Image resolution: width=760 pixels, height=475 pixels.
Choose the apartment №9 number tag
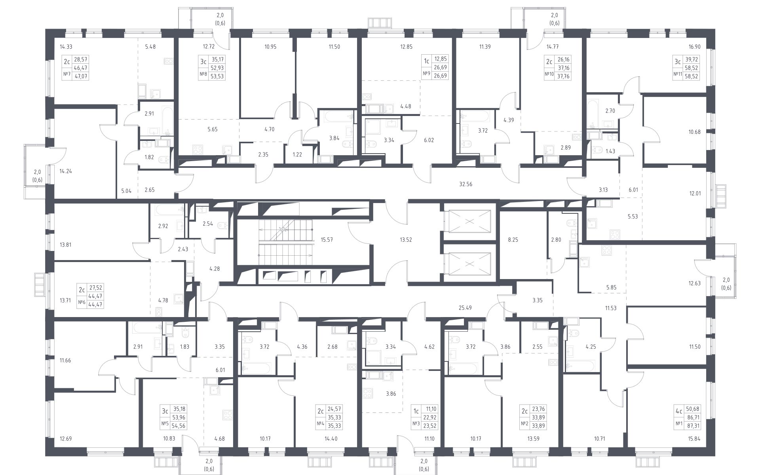coord(427,75)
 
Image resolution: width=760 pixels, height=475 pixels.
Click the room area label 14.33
coord(66,47)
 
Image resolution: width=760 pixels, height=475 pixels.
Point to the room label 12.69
coord(66,439)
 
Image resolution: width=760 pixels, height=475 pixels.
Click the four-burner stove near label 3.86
coord(368,393)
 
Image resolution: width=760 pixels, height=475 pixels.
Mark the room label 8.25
coord(513,239)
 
